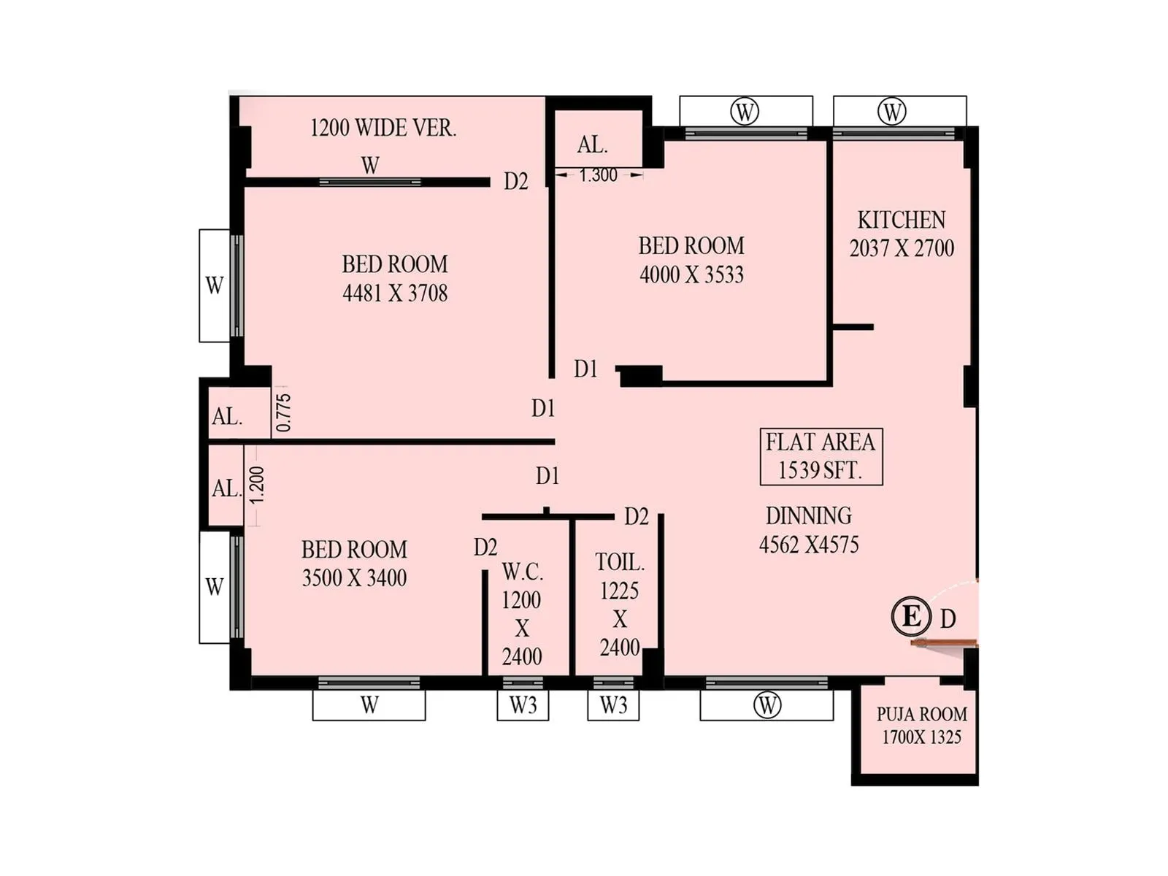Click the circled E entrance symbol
click(x=910, y=616)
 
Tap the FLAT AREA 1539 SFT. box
click(x=821, y=456)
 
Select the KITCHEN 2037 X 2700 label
click(x=902, y=234)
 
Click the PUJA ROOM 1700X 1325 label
click(x=921, y=725)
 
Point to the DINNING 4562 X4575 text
click(x=809, y=530)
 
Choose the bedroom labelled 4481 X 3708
click(x=395, y=278)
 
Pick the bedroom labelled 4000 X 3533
click(x=691, y=260)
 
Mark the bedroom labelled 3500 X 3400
click(x=354, y=563)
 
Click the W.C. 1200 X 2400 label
click(x=522, y=613)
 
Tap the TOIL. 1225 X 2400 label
click(x=620, y=604)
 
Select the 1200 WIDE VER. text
click(x=383, y=128)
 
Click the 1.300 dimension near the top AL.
click(x=599, y=175)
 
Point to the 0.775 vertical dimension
click(x=283, y=412)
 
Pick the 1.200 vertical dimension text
click(x=255, y=485)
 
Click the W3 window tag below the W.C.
click(x=523, y=705)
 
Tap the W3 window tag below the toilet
click(x=613, y=705)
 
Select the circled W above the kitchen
click(x=891, y=112)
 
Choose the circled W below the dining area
click(x=766, y=705)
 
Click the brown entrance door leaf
click(x=944, y=642)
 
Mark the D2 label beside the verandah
click(x=515, y=181)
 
